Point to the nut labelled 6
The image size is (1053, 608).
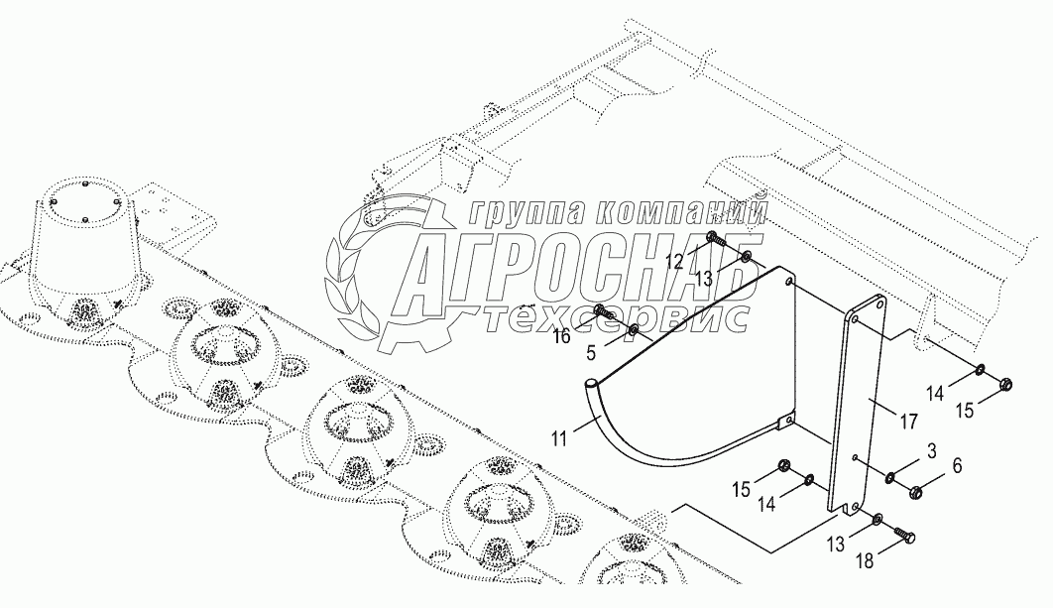[x=917, y=489]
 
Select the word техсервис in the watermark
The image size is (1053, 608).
[x=620, y=317]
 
